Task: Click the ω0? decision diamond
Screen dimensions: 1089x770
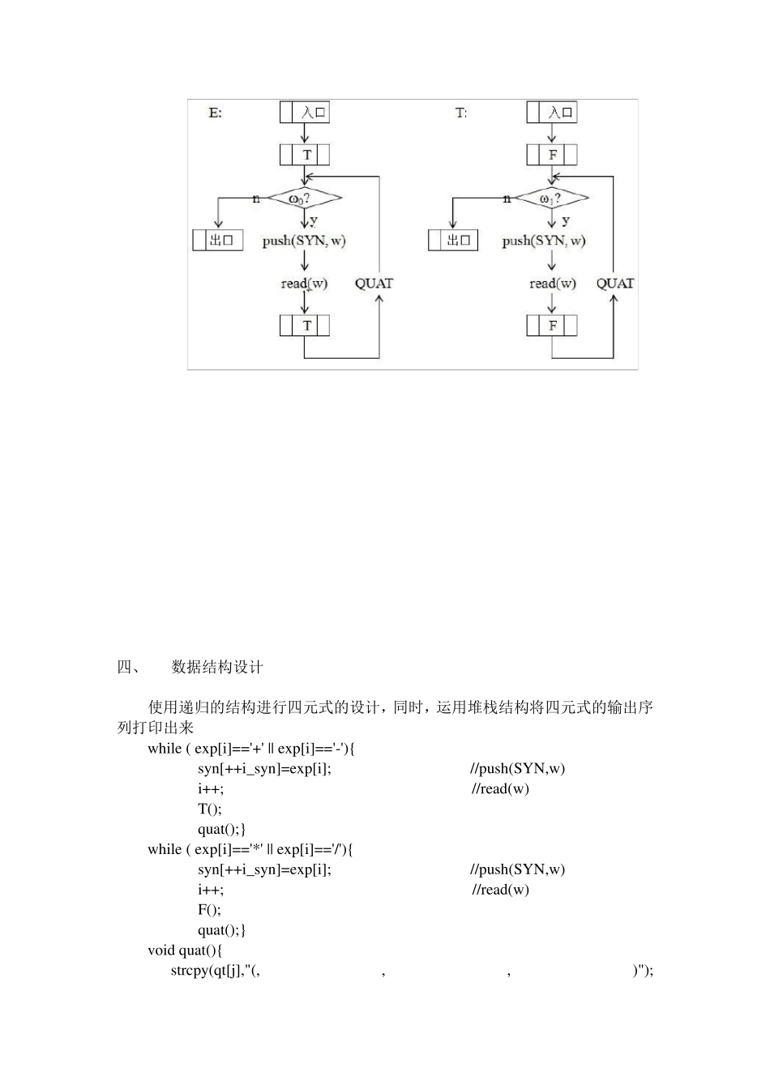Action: tap(305, 198)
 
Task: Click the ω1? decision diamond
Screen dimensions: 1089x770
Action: tap(551, 198)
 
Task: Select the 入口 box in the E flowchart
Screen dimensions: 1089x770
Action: tap(305, 112)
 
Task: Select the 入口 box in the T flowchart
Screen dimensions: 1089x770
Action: tap(552, 112)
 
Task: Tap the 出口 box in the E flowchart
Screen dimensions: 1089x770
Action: tap(218, 240)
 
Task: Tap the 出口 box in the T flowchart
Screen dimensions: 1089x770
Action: tap(453, 240)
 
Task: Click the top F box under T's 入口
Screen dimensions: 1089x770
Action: tap(552, 154)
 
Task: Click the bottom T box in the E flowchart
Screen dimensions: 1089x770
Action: tap(305, 326)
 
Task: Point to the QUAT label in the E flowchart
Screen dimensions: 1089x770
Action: tap(374, 284)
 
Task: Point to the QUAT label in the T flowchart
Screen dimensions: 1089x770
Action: tap(615, 284)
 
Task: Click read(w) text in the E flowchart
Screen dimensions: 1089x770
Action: tap(304, 284)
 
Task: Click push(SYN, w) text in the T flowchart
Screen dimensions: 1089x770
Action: tap(543, 241)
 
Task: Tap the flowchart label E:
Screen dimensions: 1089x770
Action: tap(215, 113)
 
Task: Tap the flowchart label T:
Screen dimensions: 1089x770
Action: tap(460, 113)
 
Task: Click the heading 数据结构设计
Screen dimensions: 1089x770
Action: tap(217, 668)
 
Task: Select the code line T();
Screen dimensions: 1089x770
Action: tap(209, 809)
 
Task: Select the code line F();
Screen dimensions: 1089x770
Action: tap(209, 910)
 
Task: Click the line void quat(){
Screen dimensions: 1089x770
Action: tap(185, 950)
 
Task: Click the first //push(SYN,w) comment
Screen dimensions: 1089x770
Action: tap(517, 768)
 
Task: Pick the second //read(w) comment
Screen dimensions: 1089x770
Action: tap(500, 890)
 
